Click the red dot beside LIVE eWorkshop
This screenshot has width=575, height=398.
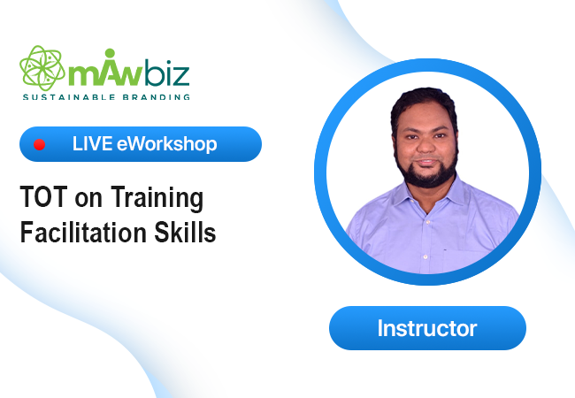(40, 145)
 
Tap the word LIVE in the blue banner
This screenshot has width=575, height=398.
(92, 143)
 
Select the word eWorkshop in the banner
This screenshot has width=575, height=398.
(167, 144)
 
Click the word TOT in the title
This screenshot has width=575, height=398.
(43, 197)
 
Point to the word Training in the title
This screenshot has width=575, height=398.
(157, 199)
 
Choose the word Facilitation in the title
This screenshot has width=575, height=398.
(84, 232)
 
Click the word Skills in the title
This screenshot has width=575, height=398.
(185, 232)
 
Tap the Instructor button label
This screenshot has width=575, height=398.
(427, 328)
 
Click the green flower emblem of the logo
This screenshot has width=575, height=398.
(42, 68)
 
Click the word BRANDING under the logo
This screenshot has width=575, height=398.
(157, 97)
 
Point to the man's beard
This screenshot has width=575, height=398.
(427, 172)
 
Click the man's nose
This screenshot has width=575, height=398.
(425, 146)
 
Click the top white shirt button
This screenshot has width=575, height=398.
(427, 222)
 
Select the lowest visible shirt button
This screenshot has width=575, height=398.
(425, 256)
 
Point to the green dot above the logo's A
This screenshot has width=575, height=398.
(110, 52)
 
